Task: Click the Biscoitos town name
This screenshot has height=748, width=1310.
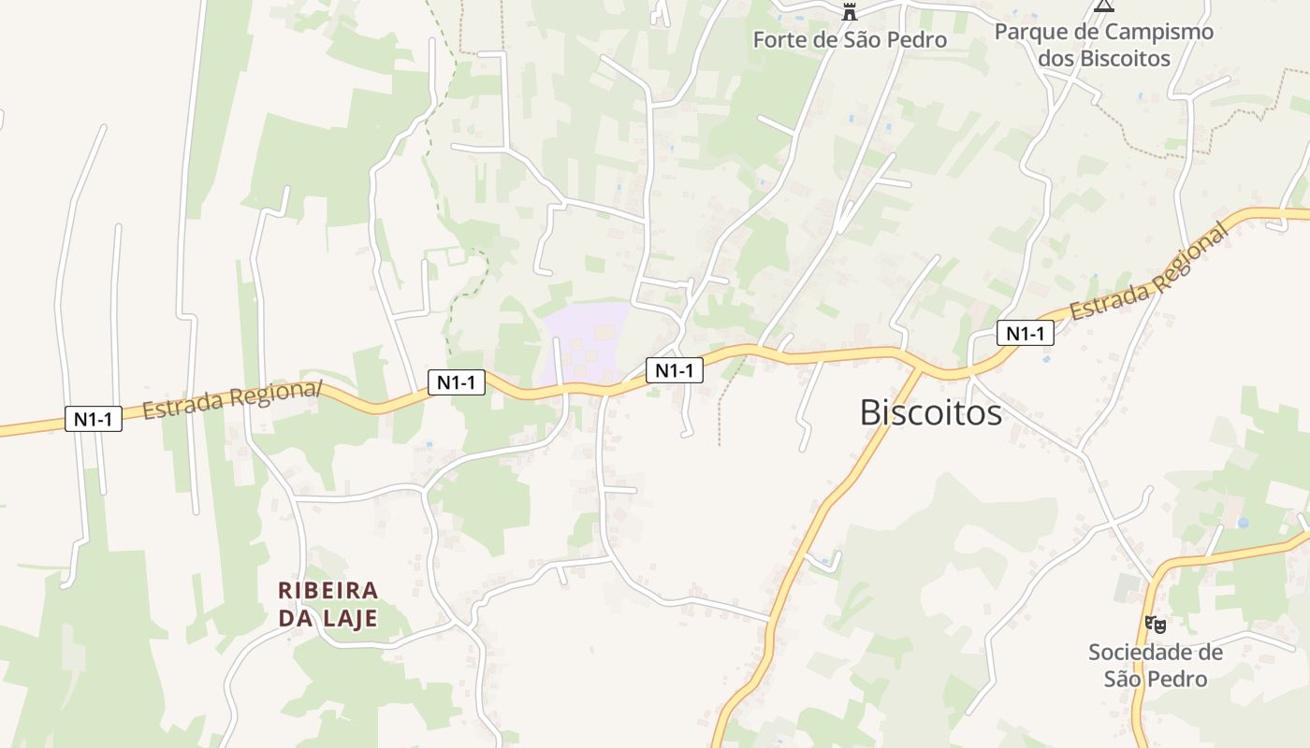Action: [930, 412]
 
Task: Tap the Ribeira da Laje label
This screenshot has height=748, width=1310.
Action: [328, 604]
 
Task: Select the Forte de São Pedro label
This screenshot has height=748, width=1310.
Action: [850, 40]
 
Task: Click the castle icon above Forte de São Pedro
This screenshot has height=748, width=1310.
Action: [850, 12]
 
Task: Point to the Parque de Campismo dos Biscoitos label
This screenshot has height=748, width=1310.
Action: [1104, 45]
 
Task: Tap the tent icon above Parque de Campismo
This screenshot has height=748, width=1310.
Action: [1104, 6]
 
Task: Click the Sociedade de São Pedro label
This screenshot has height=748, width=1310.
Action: [1156, 665]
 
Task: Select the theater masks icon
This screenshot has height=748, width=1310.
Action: [1156, 625]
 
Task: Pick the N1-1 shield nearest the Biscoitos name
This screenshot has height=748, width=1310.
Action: [1025, 333]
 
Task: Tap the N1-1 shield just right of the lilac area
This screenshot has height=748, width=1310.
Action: [674, 370]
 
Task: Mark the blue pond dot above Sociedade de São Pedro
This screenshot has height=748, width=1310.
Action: [1243, 523]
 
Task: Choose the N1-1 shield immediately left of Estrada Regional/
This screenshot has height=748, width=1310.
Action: [94, 419]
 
